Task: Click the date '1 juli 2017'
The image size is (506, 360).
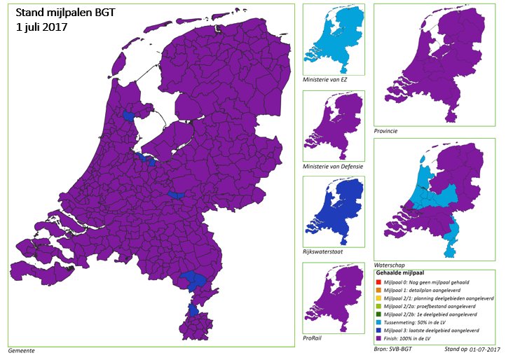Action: (46, 28)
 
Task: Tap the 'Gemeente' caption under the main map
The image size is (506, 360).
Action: (21, 349)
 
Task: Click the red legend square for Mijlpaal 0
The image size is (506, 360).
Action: (381, 280)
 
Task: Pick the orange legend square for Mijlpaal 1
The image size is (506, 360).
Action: (381, 289)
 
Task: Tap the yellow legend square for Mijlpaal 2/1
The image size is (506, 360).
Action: (381, 297)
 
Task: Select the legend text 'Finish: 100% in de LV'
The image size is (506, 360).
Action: (418, 339)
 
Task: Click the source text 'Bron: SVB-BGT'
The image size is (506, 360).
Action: (393, 348)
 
